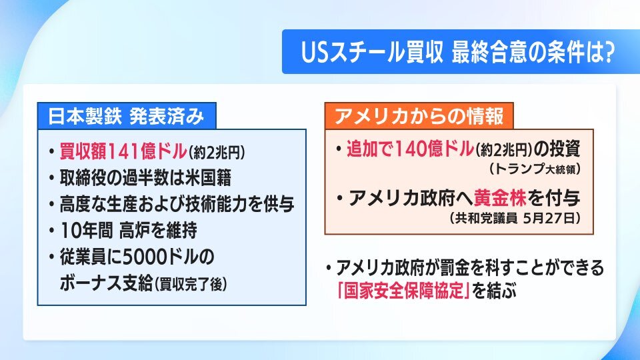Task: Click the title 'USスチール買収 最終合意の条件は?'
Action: pyautogui.click(x=457, y=53)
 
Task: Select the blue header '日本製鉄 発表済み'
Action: pyautogui.click(x=126, y=116)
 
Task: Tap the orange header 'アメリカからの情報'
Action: pyautogui.click(x=419, y=116)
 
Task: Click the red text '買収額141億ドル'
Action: pyautogui.click(x=123, y=151)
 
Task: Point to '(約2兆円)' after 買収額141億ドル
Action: pyautogui.click(x=217, y=153)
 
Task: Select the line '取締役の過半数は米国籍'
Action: pyautogui.click(x=145, y=177)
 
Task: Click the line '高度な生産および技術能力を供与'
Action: pyautogui.click(x=177, y=204)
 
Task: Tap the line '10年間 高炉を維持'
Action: pyautogui.click(x=128, y=231)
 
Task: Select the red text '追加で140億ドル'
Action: pyautogui.click(x=410, y=149)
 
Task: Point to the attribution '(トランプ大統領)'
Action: pyautogui.click(x=534, y=168)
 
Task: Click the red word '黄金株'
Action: pyautogui.click(x=500, y=198)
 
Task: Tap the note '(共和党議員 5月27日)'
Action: pyautogui.click(x=515, y=219)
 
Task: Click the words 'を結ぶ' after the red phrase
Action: pyautogui.click(x=494, y=291)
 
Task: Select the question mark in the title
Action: pyautogui.click(x=609, y=53)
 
